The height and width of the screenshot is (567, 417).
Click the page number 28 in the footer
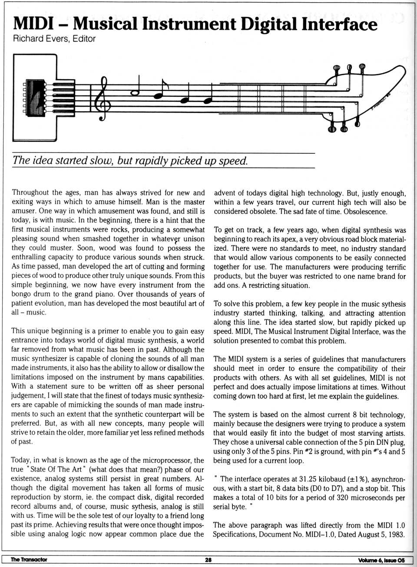click(x=208, y=560)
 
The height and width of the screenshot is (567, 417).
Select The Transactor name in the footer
click(x=29, y=560)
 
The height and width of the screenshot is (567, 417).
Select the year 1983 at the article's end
click(x=396, y=534)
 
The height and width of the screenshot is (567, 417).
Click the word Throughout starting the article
click(x=30, y=192)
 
